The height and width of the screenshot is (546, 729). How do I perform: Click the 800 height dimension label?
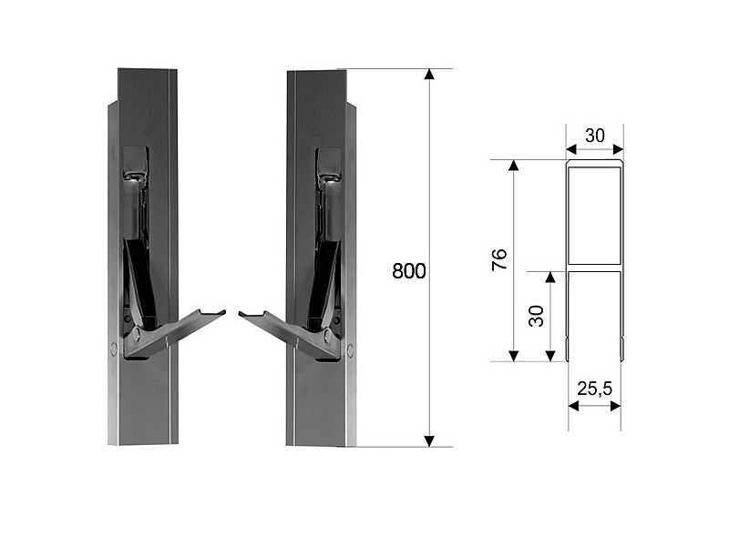coord(408,271)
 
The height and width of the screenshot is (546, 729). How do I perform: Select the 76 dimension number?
coord(498,259)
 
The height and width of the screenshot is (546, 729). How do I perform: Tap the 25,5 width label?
coord(595,389)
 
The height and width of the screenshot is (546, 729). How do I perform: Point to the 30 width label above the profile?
coord(595,136)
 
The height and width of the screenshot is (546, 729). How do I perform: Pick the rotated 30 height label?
coord(536,316)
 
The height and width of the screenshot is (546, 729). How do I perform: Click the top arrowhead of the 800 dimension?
coord(429,75)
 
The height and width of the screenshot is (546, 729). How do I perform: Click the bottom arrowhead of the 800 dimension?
coord(429,441)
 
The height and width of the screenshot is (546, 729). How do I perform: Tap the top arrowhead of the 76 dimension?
coord(513,166)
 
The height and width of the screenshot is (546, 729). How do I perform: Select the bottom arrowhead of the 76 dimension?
coord(513,356)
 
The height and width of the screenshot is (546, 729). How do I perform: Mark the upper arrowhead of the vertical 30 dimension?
coord(550,278)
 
